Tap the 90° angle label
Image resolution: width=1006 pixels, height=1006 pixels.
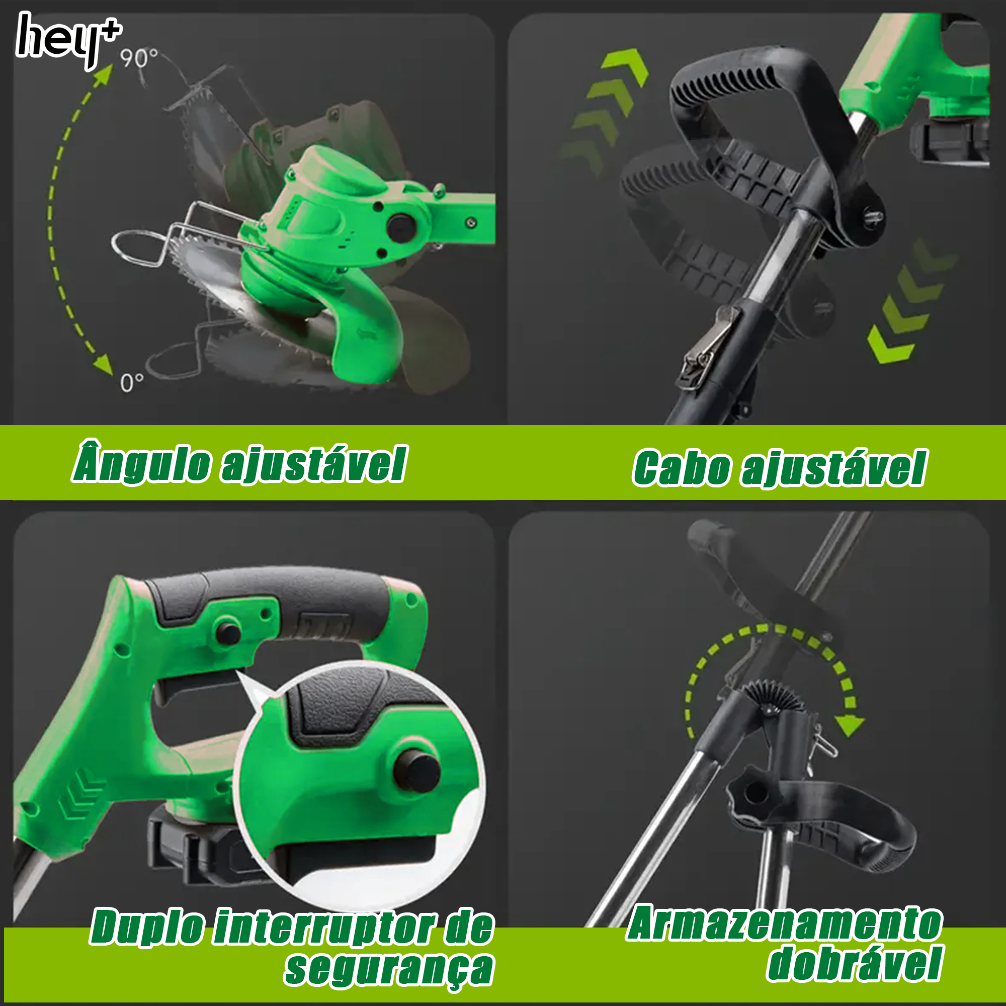point(138,58)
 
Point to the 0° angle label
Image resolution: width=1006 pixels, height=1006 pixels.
point(131,383)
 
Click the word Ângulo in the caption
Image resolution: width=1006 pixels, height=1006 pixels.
point(142,462)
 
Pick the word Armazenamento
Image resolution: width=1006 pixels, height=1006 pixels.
point(784,923)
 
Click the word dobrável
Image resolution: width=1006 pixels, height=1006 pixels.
point(855,964)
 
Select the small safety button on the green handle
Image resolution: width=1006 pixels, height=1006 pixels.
point(228,633)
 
